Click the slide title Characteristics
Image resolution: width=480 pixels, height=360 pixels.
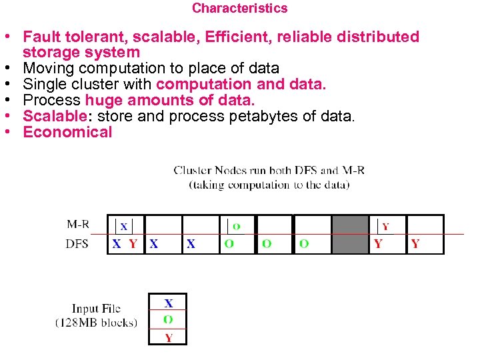click(239, 9)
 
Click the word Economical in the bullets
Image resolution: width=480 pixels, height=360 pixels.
click(67, 132)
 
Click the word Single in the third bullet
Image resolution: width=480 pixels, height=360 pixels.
click(43, 84)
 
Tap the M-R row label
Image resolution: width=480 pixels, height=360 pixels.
click(79, 225)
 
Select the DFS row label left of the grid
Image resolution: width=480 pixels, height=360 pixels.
click(77, 244)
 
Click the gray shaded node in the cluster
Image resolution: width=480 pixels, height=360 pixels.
click(350, 234)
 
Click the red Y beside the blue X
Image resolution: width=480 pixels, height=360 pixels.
click(133, 244)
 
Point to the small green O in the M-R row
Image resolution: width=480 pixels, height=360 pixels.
click(237, 227)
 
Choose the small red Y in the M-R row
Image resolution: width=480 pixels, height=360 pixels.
click(385, 227)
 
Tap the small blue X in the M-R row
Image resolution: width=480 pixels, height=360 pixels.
click(123, 227)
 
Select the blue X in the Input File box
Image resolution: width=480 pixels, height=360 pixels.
click(168, 303)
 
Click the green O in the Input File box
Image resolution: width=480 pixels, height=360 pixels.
click(168, 319)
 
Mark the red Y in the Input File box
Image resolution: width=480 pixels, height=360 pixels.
click(168, 337)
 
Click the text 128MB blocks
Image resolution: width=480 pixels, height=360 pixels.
click(96, 323)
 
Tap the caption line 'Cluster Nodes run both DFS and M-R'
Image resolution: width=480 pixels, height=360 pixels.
click(269, 171)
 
